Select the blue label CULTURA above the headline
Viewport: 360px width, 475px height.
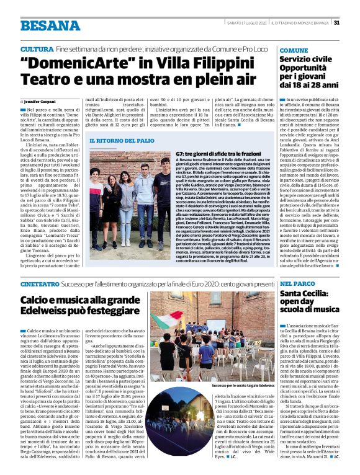coord(36,48)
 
